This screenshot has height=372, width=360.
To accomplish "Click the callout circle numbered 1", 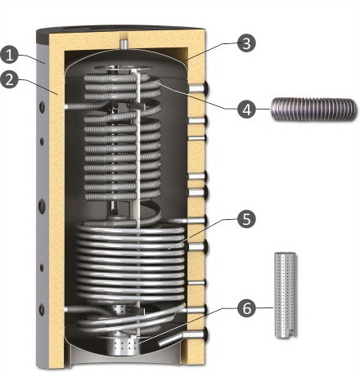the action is click(x=10, y=55).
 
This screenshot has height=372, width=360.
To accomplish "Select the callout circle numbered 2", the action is click(x=10, y=79).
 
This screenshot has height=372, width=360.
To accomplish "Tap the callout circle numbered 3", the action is click(x=246, y=43).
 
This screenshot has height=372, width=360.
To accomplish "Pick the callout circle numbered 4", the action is click(x=246, y=109).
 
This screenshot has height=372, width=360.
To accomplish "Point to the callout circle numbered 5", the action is click(x=246, y=218).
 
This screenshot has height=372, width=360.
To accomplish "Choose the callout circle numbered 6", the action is click(x=246, y=308).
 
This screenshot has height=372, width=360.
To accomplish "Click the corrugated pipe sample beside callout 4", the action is click(x=313, y=109).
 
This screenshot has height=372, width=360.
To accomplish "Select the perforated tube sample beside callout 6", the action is click(x=286, y=295).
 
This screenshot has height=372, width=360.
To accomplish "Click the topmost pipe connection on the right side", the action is click(x=198, y=88).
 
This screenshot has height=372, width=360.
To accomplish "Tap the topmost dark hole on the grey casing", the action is click(x=42, y=107).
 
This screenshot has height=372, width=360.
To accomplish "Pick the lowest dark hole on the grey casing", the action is click(x=42, y=310).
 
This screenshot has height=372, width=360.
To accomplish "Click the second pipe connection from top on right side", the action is click(x=197, y=120).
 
